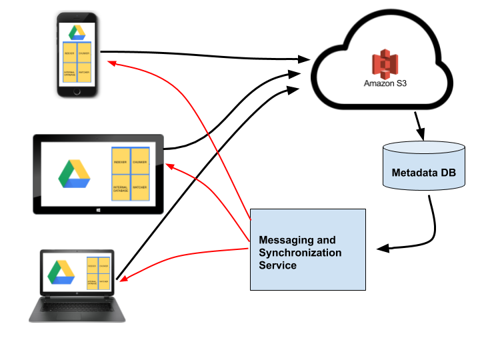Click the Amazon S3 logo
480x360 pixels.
coord(385,68)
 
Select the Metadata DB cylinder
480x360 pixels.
coord(424,167)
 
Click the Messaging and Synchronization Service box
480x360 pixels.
coord(307,250)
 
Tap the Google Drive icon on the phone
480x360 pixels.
coord(77,33)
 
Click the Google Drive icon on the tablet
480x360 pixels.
coord(74,174)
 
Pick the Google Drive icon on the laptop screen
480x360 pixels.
coord(61,272)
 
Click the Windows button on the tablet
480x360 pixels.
coord(99,209)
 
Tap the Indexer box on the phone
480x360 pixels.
coord(70,53)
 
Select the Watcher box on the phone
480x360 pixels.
coord(84,72)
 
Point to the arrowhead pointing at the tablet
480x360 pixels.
coord(169,166)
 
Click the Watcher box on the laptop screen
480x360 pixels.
coord(103,281)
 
